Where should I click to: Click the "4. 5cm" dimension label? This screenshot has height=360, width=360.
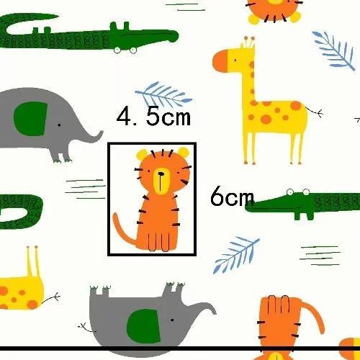pos(153,117)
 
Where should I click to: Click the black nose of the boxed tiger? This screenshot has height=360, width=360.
pos(161,174)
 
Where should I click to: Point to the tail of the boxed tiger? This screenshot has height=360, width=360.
pos(125,230)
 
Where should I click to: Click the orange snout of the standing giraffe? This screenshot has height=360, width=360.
pos(220,61)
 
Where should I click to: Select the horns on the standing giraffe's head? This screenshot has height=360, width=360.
pos(250,42)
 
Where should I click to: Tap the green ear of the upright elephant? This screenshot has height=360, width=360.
pos(30,119)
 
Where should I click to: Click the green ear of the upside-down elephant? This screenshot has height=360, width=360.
pos(143,325)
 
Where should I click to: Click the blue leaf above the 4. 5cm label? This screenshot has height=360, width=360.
pos(163,95)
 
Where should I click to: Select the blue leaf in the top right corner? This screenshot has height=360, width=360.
pos(333,51)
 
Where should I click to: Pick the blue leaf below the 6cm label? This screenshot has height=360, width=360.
pos(236,255)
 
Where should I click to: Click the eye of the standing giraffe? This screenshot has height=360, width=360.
pos(235,60)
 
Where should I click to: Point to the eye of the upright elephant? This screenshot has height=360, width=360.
pos(59,125)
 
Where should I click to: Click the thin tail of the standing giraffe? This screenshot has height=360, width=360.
pos(315,112)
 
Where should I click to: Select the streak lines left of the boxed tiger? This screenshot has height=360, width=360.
pos(85,189)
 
